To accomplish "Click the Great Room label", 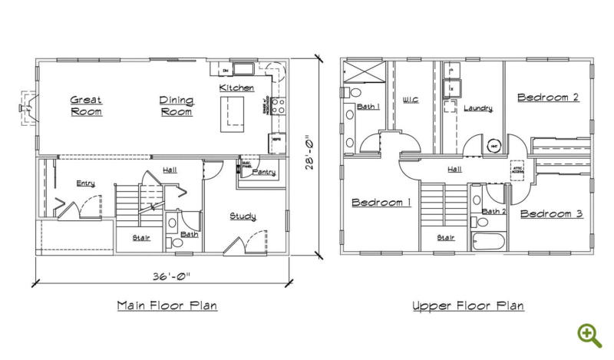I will click(x=86, y=105).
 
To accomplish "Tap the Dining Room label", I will click(x=176, y=105).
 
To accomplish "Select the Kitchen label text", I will click(x=236, y=88).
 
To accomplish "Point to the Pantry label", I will click(x=263, y=173).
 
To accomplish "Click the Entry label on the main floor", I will click(x=85, y=183).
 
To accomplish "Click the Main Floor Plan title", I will click(x=167, y=306).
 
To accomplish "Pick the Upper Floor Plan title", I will click(x=468, y=306).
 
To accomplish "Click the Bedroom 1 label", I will click(x=381, y=203).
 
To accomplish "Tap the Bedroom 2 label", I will click(x=547, y=97).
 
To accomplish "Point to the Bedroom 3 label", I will click(x=551, y=213).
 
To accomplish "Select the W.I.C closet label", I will click(x=411, y=99).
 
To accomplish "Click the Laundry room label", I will click(x=477, y=108).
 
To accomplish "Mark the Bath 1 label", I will click(x=366, y=107).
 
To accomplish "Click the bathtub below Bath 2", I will click(x=488, y=242).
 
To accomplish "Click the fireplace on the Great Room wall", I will click(x=28, y=106).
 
